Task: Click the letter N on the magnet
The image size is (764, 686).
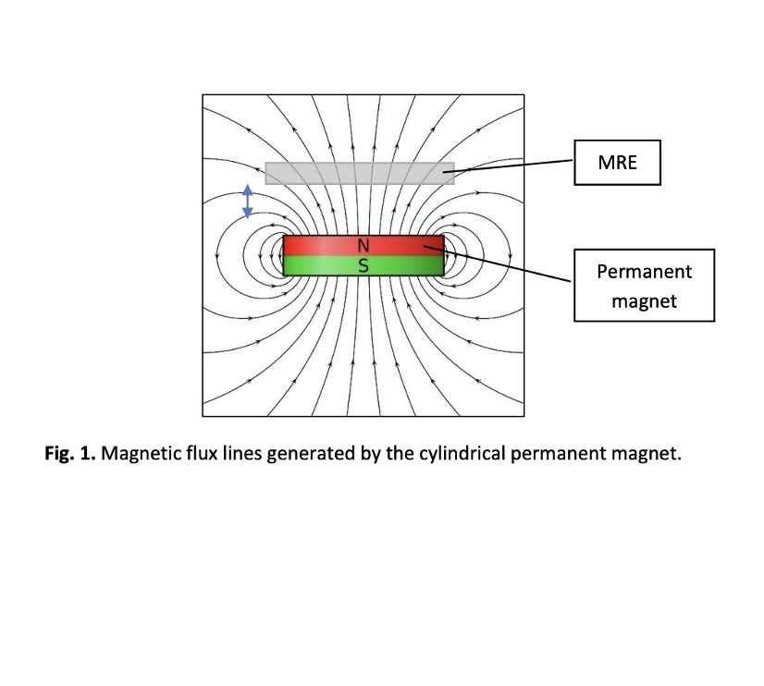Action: (x=363, y=246)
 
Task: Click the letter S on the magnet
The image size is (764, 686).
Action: (x=363, y=266)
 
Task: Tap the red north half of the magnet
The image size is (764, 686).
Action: (x=364, y=245)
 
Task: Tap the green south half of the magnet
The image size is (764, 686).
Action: (x=364, y=266)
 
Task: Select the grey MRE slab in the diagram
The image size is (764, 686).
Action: (x=360, y=173)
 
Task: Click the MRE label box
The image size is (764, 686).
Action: (x=617, y=163)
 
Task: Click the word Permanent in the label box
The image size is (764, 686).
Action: (x=644, y=272)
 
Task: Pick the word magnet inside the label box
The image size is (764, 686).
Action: (x=644, y=301)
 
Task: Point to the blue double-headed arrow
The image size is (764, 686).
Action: (x=248, y=201)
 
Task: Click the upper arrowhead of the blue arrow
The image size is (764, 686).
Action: (x=248, y=190)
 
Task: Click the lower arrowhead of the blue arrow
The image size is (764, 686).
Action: (x=248, y=213)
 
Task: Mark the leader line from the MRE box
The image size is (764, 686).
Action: (x=508, y=166)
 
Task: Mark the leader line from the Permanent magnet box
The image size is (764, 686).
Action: (x=497, y=263)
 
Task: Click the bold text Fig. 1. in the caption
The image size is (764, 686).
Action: (x=70, y=454)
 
